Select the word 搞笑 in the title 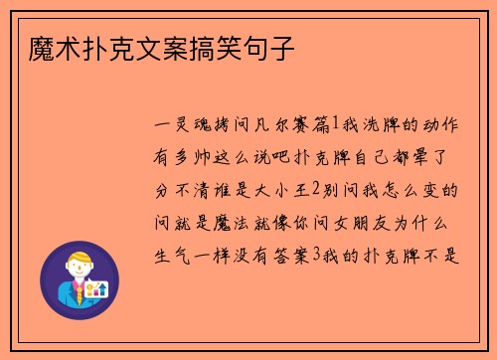point(219,46)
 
